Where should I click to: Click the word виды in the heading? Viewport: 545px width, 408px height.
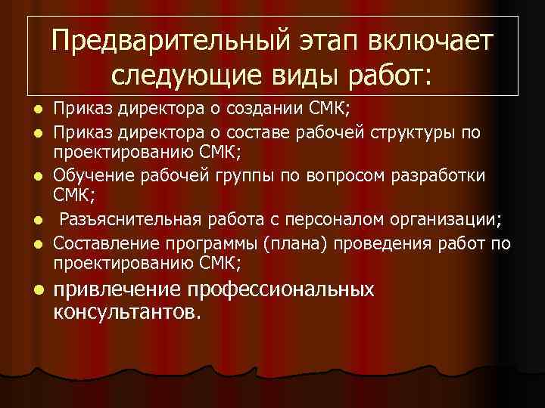[x=297, y=75]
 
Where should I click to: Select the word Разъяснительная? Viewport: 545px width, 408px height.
[x=129, y=220]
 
